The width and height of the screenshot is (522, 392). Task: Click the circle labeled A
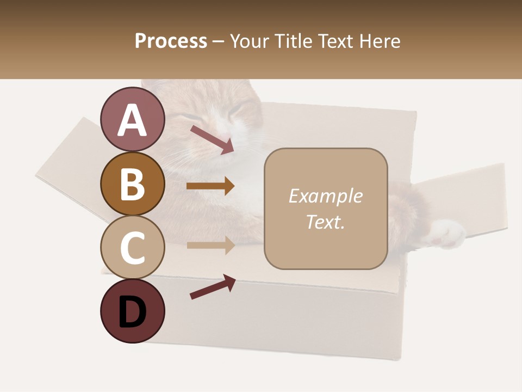click(133, 119)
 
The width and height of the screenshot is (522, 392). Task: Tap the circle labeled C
click(133, 247)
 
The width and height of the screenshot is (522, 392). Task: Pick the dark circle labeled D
click(133, 311)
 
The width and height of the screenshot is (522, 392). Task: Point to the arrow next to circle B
click(210, 186)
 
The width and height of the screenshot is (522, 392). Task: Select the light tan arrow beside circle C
click(210, 245)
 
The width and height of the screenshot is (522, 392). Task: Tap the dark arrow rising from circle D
click(213, 287)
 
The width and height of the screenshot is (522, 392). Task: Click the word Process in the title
click(171, 41)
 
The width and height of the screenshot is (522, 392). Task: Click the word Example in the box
click(325, 196)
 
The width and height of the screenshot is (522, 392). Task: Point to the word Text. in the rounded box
click(325, 222)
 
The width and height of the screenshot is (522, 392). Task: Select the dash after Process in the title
click(219, 42)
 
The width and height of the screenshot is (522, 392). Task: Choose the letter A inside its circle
click(133, 120)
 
